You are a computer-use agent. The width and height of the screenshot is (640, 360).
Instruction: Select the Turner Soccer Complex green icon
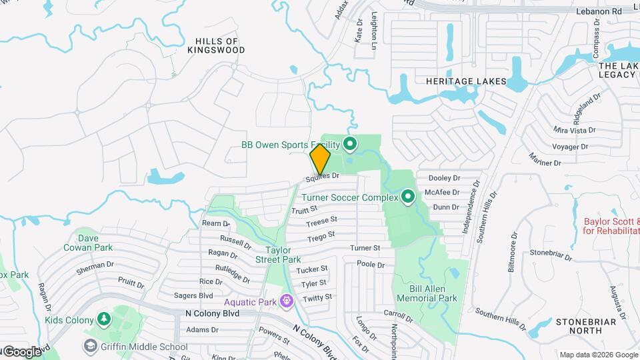[x=407, y=197]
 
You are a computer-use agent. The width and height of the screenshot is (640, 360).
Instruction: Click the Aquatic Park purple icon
[x=287, y=301]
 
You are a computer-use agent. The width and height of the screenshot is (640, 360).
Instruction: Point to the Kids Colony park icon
[x=103, y=319]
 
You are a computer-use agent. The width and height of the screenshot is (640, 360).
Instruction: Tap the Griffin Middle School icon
[x=90, y=345]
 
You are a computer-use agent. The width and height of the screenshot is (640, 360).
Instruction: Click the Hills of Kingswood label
[x=216, y=45]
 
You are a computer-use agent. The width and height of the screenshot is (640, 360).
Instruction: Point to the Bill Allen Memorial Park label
[x=424, y=293]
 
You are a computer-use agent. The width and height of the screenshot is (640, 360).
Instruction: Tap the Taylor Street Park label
[x=278, y=255]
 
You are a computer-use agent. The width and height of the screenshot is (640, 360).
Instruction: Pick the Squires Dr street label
[x=323, y=178]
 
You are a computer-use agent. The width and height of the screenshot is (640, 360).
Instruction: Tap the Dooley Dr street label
[x=445, y=178]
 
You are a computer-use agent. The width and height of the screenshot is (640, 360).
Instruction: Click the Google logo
[x=21, y=352]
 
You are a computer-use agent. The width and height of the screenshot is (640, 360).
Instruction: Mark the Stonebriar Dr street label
[x=552, y=253]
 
